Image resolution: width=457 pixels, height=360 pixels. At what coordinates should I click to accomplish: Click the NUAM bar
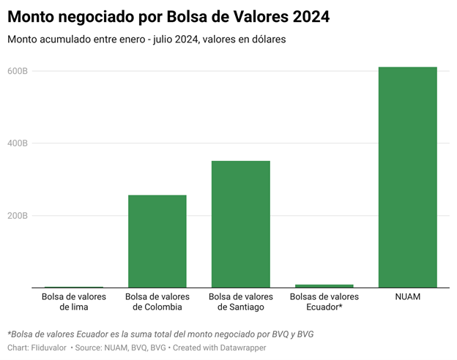tap(407, 177)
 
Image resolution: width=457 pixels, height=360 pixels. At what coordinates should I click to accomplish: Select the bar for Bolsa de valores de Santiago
tap(240, 224)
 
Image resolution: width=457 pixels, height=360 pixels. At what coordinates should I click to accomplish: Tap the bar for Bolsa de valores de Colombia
tap(157, 241)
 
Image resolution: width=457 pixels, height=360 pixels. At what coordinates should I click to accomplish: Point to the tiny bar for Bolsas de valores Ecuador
tap(324, 286)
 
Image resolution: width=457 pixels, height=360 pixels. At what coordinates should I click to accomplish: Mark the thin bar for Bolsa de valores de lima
tap(73, 288)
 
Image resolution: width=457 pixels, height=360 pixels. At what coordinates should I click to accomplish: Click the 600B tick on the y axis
tap(18, 71)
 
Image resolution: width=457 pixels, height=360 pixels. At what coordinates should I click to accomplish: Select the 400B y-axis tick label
tap(18, 143)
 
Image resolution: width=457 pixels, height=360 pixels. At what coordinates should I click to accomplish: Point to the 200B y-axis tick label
tap(18, 216)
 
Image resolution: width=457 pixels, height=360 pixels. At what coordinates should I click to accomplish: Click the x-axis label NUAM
tap(407, 297)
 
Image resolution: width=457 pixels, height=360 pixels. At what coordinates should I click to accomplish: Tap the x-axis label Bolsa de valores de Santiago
tap(240, 302)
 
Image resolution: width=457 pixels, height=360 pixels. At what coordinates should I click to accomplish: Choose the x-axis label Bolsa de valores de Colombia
tap(157, 302)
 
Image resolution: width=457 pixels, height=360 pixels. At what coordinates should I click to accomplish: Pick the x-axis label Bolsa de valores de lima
tap(73, 302)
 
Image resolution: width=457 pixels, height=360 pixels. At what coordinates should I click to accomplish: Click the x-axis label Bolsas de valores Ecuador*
tap(324, 302)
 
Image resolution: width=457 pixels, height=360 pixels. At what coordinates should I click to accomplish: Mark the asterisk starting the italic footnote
tap(9, 333)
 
